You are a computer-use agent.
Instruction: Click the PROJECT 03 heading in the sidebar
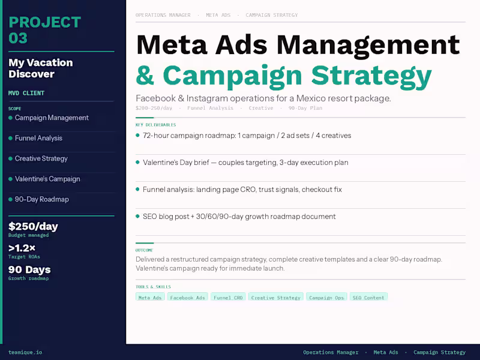pos(44,30)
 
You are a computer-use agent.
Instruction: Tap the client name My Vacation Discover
pos(41,68)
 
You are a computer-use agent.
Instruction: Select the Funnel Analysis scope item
pos(38,138)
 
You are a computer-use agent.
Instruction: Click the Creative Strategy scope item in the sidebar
pos(41,158)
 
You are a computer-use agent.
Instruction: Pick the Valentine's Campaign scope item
pos(47,179)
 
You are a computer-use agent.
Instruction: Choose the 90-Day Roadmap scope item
pos(41,199)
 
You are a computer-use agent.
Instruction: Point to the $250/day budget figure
pos(33,226)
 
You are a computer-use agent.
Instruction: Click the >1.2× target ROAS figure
pos(22,248)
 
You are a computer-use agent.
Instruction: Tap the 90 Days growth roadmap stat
pos(29,269)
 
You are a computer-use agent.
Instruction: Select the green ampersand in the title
pos(145,76)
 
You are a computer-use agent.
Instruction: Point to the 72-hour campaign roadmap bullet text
pos(247,136)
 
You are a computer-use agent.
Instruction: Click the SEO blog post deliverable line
pos(239,217)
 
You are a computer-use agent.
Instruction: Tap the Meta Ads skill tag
pos(150,297)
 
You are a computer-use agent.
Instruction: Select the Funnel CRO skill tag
pos(228,297)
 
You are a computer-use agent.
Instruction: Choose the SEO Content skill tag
pos(368,297)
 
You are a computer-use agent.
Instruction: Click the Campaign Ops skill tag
pos(326,297)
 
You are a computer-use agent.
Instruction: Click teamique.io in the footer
pos(25,352)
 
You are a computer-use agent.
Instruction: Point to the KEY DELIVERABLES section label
pos(155,125)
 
